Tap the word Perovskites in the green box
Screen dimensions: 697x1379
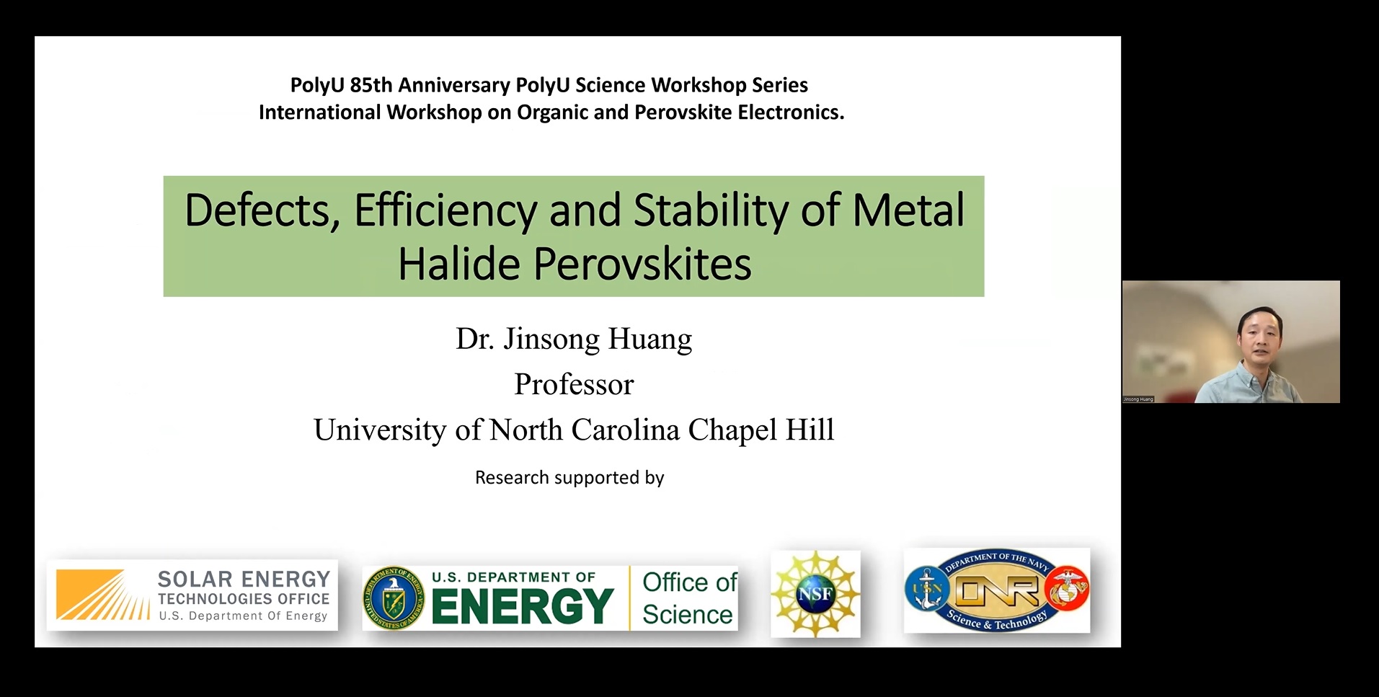click(x=642, y=264)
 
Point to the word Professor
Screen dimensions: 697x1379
click(x=574, y=384)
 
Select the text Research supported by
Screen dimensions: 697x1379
click(x=569, y=478)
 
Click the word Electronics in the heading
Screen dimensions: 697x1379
click(x=799, y=112)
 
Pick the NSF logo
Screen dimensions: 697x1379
click(x=815, y=594)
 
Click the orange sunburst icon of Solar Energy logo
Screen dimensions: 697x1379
click(x=101, y=595)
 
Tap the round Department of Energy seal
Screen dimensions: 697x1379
click(x=394, y=598)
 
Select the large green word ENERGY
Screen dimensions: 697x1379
click(x=523, y=606)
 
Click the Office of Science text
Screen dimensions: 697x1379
click(x=688, y=598)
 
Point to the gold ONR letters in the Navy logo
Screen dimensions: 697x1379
click(x=998, y=592)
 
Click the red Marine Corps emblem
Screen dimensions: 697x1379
click(x=1068, y=589)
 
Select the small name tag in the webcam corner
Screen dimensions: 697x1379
click(x=1138, y=399)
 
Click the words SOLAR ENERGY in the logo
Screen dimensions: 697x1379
click(x=244, y=580)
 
